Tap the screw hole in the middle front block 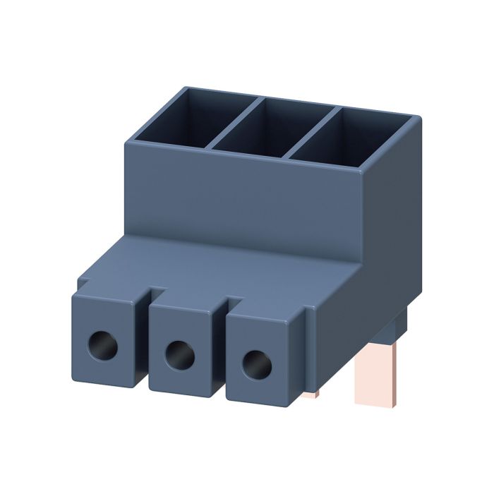179,355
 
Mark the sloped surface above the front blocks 212,265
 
